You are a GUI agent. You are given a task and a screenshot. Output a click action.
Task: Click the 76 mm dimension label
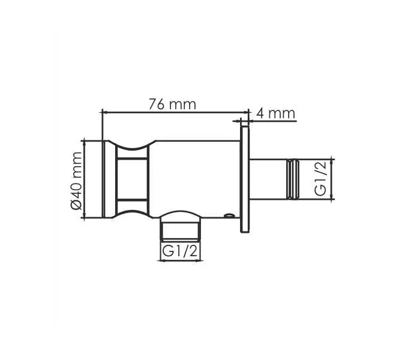[172, 104]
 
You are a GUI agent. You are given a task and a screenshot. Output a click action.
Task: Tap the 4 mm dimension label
[275, 112]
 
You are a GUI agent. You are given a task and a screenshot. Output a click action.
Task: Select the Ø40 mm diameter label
[76, 180]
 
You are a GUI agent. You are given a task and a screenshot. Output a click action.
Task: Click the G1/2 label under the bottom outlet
[180, 253]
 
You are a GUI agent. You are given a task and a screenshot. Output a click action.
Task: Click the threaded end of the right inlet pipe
[293, 179]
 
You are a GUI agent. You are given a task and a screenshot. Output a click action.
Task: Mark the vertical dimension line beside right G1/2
[332, 179]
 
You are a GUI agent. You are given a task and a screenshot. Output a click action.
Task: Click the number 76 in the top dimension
[157, 104]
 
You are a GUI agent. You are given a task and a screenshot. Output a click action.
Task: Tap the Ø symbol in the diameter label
[76, 205]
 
